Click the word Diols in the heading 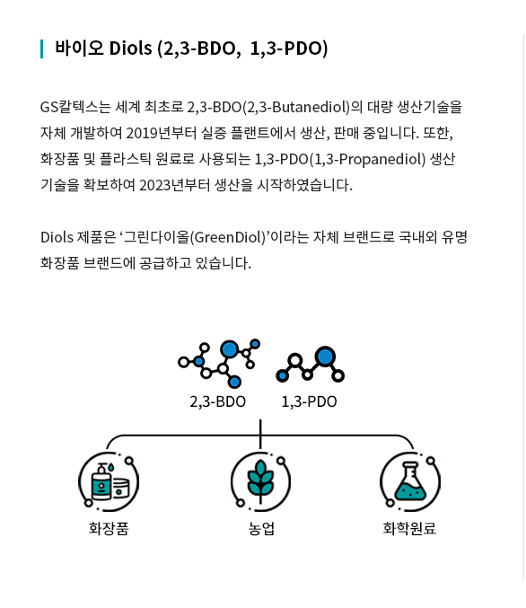pyautogui.click(x=130, y=48)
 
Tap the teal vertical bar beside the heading pyautogui.click(x=41, y=48)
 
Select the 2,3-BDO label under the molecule pyautogui.click(x=217, y=401)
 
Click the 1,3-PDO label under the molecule pyautogui.click(x=309, y=401)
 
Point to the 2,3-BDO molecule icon pyautogui.click(x=219, y=364)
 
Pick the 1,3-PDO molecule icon pyautogui.click(x=310, y=364)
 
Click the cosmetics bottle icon pyautogui.click(x=109, y=481)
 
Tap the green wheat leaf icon pyautogui.click(x=260, y=481)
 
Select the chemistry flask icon pyautogui.click(x=410, y=481)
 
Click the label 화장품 pyautogui.click(x=109, y=528)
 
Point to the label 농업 pyautogui.click(x=261, y=528)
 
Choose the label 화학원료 pyautogui.click(x=409, y=528)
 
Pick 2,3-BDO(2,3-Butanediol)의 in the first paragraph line pyautogui.click(x=275, y=107)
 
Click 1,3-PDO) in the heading pyautogui.click(x=289, y=48)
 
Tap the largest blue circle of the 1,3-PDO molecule pyautogui.click(x=325, y=356)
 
